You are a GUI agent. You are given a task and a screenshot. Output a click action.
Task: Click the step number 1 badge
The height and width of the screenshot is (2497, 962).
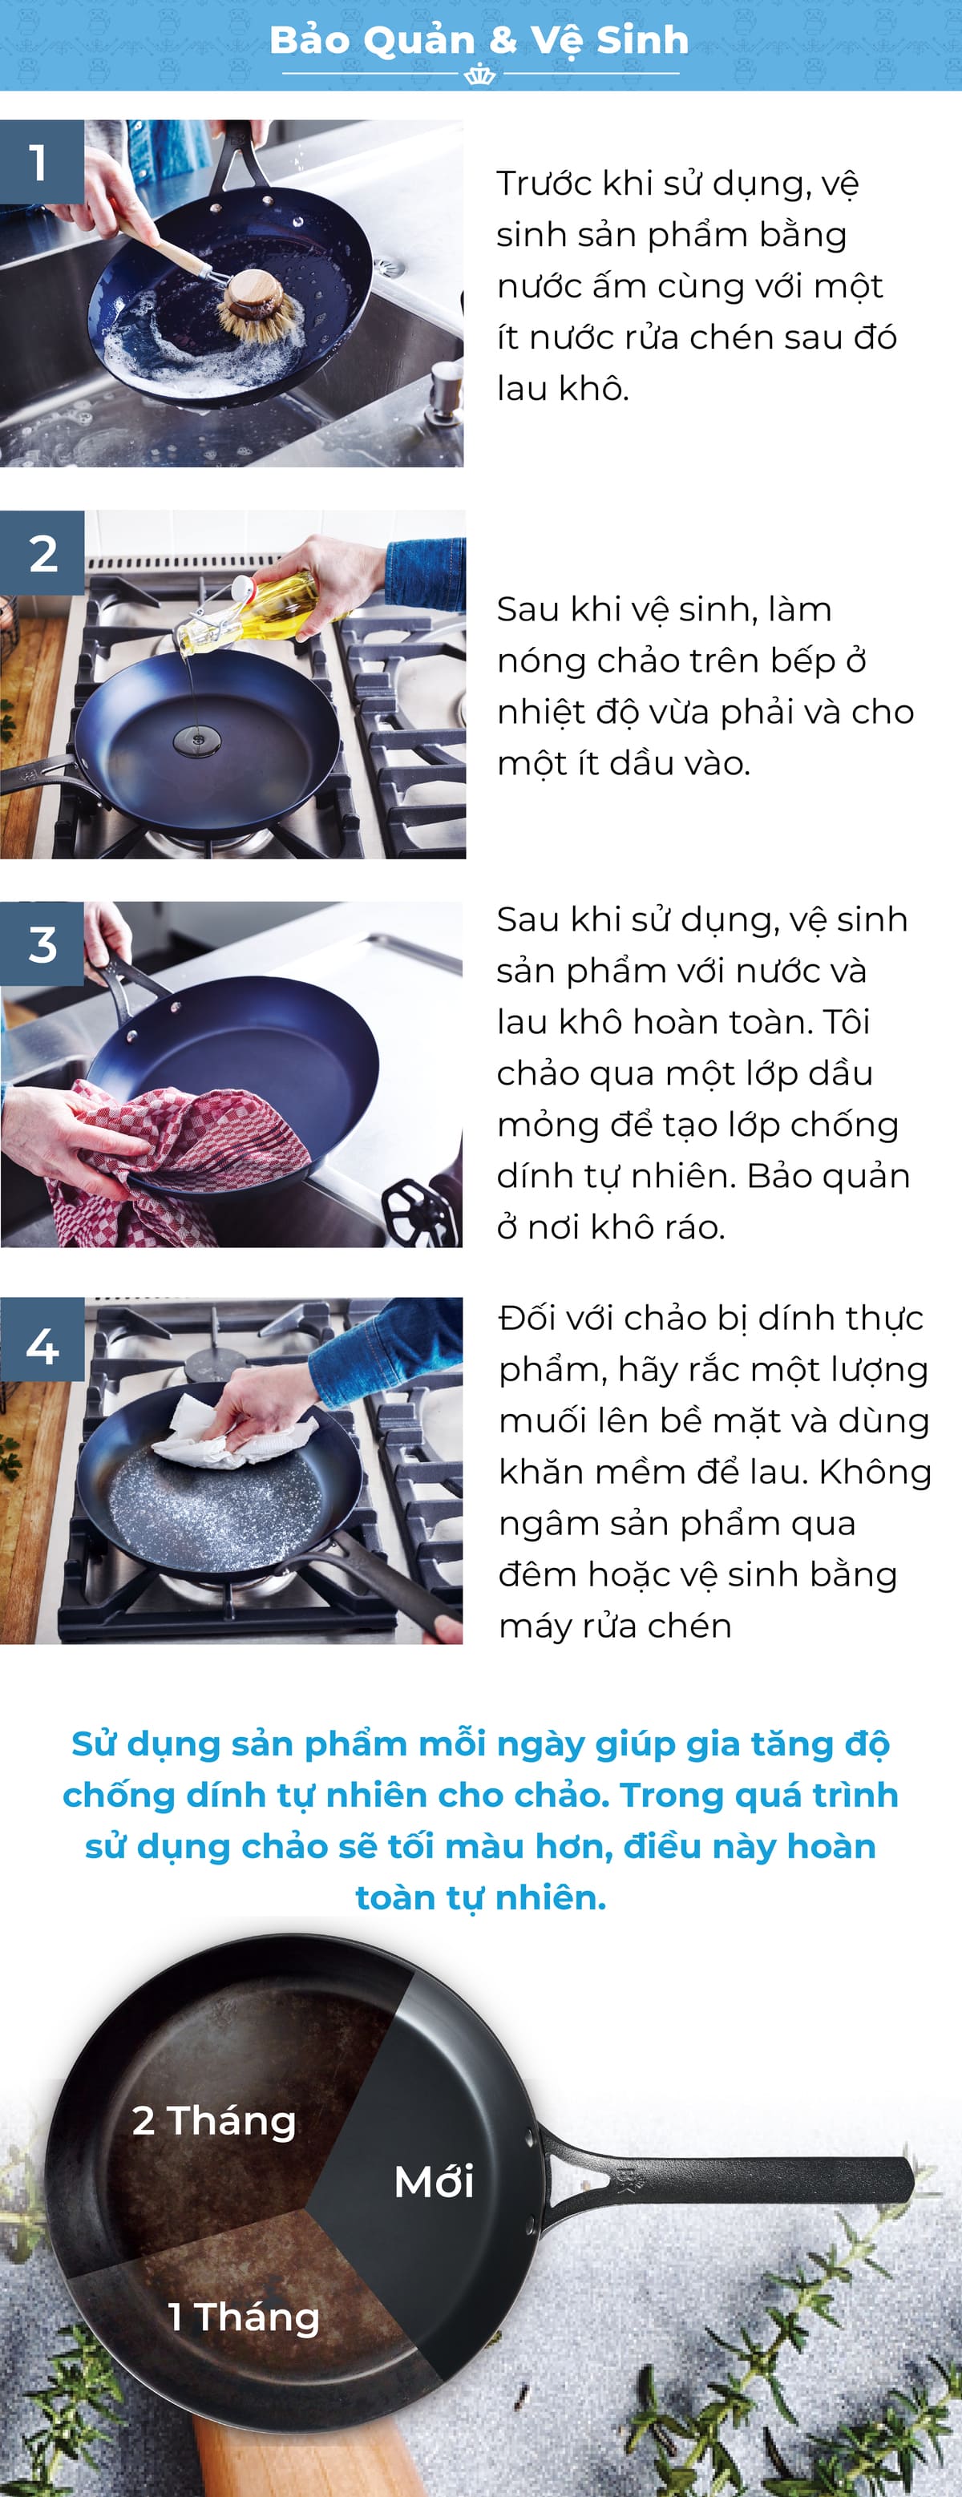41,162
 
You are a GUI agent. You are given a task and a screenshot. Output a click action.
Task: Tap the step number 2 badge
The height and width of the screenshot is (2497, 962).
42,553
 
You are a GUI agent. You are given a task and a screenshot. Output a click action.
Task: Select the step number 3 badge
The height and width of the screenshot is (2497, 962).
42,944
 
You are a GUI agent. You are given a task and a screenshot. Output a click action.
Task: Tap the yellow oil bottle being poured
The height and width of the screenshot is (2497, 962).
277,607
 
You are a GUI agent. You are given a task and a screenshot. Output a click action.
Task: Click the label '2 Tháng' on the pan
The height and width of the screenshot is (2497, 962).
214,2120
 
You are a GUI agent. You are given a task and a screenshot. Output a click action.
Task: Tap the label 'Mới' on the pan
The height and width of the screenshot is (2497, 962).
434,2181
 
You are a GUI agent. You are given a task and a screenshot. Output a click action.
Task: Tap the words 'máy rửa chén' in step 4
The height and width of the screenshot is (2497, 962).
615,1626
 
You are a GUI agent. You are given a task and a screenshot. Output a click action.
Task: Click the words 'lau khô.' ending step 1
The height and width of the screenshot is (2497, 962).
563,388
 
